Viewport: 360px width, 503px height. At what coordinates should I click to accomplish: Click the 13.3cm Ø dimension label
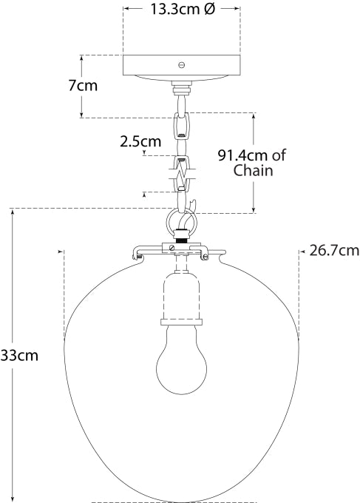[x=181, y=10]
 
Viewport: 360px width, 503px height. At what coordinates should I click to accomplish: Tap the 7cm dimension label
[x=83, y=85]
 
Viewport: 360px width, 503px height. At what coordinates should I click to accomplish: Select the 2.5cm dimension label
[x=140, y=141]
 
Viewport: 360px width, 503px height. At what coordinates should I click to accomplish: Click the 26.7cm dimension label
[x=334, y=250]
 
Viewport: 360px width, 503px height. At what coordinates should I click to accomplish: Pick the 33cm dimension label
[x=19, y=355]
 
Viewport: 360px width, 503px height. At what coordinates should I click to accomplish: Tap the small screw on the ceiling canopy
[x=181, y=65]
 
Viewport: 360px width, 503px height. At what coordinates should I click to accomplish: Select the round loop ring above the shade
[x=180, y=222]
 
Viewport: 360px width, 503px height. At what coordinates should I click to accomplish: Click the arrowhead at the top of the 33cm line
[x=13, y=213]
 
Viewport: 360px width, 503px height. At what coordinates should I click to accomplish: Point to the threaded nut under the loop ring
[x=180, y=243]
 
